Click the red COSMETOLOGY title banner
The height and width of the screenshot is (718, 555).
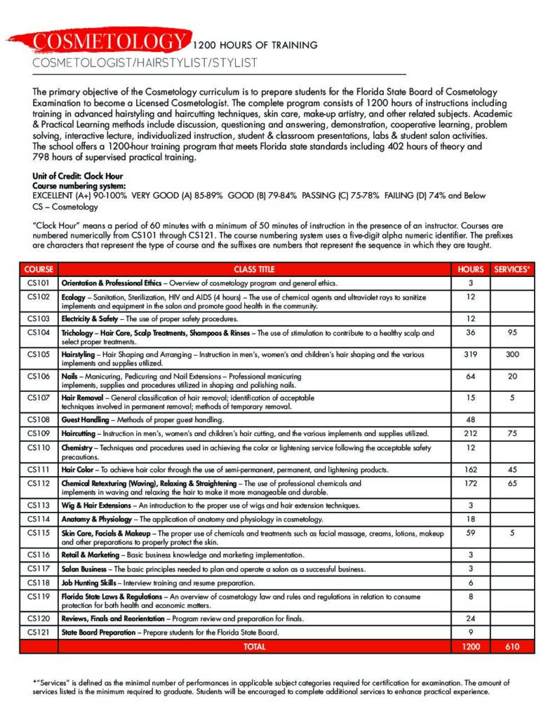click(x=109, y=41)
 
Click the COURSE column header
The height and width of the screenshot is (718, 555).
click(x=39, y=269)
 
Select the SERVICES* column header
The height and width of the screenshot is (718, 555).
click(x=512, y=269)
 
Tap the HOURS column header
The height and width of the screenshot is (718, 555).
click(x=471, y=269)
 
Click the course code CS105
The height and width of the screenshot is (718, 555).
click(x=39, y=355)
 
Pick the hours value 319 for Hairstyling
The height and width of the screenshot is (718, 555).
click(x=471, y=355)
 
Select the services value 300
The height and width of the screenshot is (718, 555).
click(x=512, y=355)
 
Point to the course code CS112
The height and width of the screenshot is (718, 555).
click(x=39, y=483)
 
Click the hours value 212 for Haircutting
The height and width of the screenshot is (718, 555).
click(x=471, y=433)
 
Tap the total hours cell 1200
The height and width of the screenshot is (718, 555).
click(x=471, y=646)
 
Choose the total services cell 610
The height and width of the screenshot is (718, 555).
click(x=512, y=646)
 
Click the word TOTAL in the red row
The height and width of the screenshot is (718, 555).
click(x=254, y=646)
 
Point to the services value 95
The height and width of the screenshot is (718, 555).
click(x=512, y=332)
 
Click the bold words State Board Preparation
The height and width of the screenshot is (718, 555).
click(x=96, y=632)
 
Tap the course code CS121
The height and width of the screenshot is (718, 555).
click(x=39, y=632)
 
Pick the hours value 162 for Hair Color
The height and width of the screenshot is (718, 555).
click(x=471, y=469)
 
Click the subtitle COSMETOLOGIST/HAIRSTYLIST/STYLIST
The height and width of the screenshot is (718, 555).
click(x=145, y=63)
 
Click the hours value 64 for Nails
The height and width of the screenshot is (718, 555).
click(x=471, y=377)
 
